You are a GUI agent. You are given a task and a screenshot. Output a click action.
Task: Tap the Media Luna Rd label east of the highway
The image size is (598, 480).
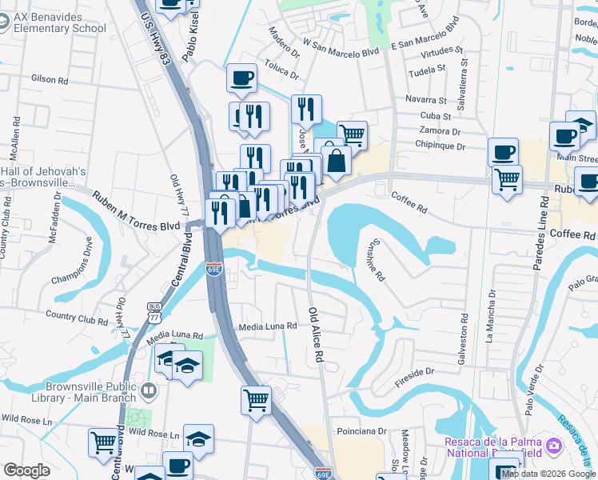click(x=269, y=326)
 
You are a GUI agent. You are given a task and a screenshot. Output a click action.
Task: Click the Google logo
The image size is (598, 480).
click(x=26, y=470)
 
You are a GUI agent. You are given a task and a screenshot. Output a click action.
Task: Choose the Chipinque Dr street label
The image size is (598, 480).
click(x=440, y=146)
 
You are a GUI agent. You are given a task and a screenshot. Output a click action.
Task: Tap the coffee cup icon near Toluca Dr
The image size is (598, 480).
click(x=242, y=78)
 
